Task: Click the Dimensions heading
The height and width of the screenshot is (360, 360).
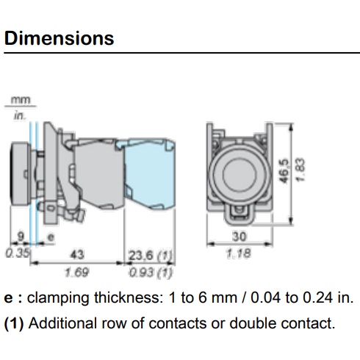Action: (59, 38)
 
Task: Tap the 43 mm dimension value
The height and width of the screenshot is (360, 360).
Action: (77, 254)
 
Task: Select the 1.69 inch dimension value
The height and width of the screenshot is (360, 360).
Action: (76, 273)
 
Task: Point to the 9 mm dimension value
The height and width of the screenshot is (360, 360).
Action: (21, 237)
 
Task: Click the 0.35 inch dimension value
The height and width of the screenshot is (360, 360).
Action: (18, 253)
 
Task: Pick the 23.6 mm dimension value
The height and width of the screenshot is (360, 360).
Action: (141, 256)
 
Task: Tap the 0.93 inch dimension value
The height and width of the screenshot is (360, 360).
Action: (141, 273)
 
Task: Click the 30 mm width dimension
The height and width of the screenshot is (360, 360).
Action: (239, 237)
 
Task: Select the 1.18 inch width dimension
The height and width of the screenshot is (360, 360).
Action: (239, 253)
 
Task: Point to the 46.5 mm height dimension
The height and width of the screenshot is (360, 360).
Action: (284, 171)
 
